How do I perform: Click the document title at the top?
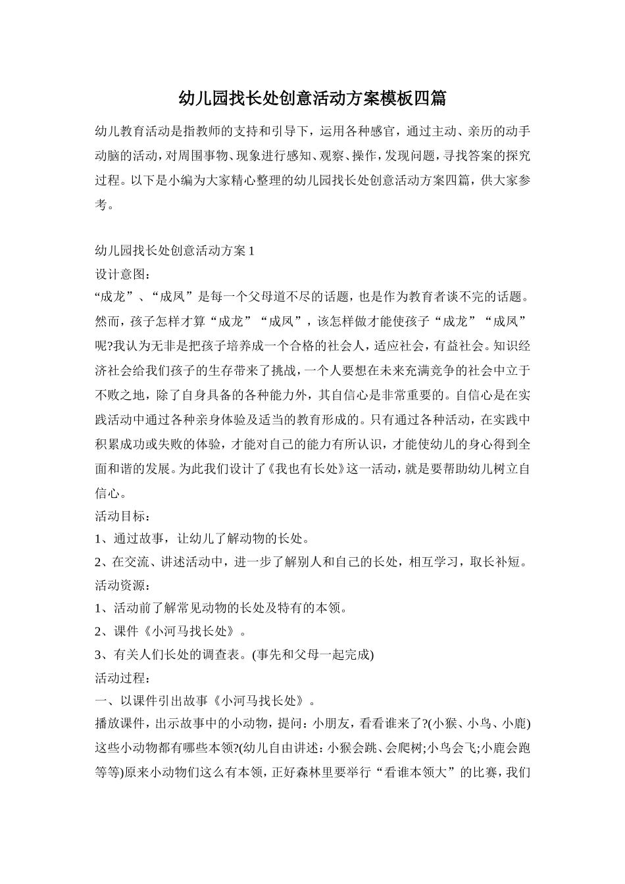click(312, 99)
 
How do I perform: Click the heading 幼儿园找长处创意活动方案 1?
click(174, 251)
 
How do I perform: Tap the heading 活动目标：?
click(123, 515)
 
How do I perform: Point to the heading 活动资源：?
click(123, 585)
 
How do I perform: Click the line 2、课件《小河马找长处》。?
click(172, 631)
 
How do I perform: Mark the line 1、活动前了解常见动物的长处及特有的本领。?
click(221, 608)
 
